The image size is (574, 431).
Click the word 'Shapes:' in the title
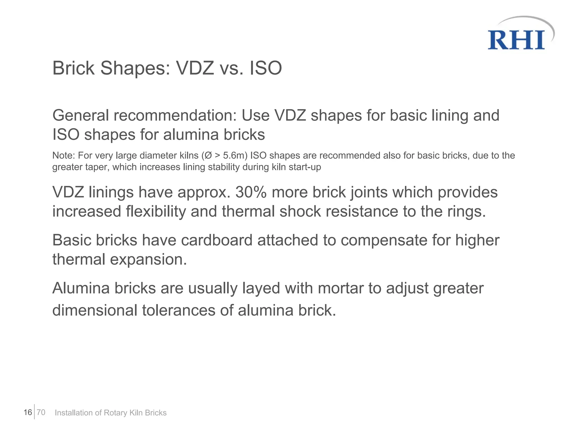coord(135,68)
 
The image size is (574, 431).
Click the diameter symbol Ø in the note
coord(209,155)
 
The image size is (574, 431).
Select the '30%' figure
coord(251,192)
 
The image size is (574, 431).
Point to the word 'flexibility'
coord(156,211)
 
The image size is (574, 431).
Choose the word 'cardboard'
coord(217,240)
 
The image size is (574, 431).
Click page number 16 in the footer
coord(28,412)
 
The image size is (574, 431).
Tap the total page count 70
coord(41,412)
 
